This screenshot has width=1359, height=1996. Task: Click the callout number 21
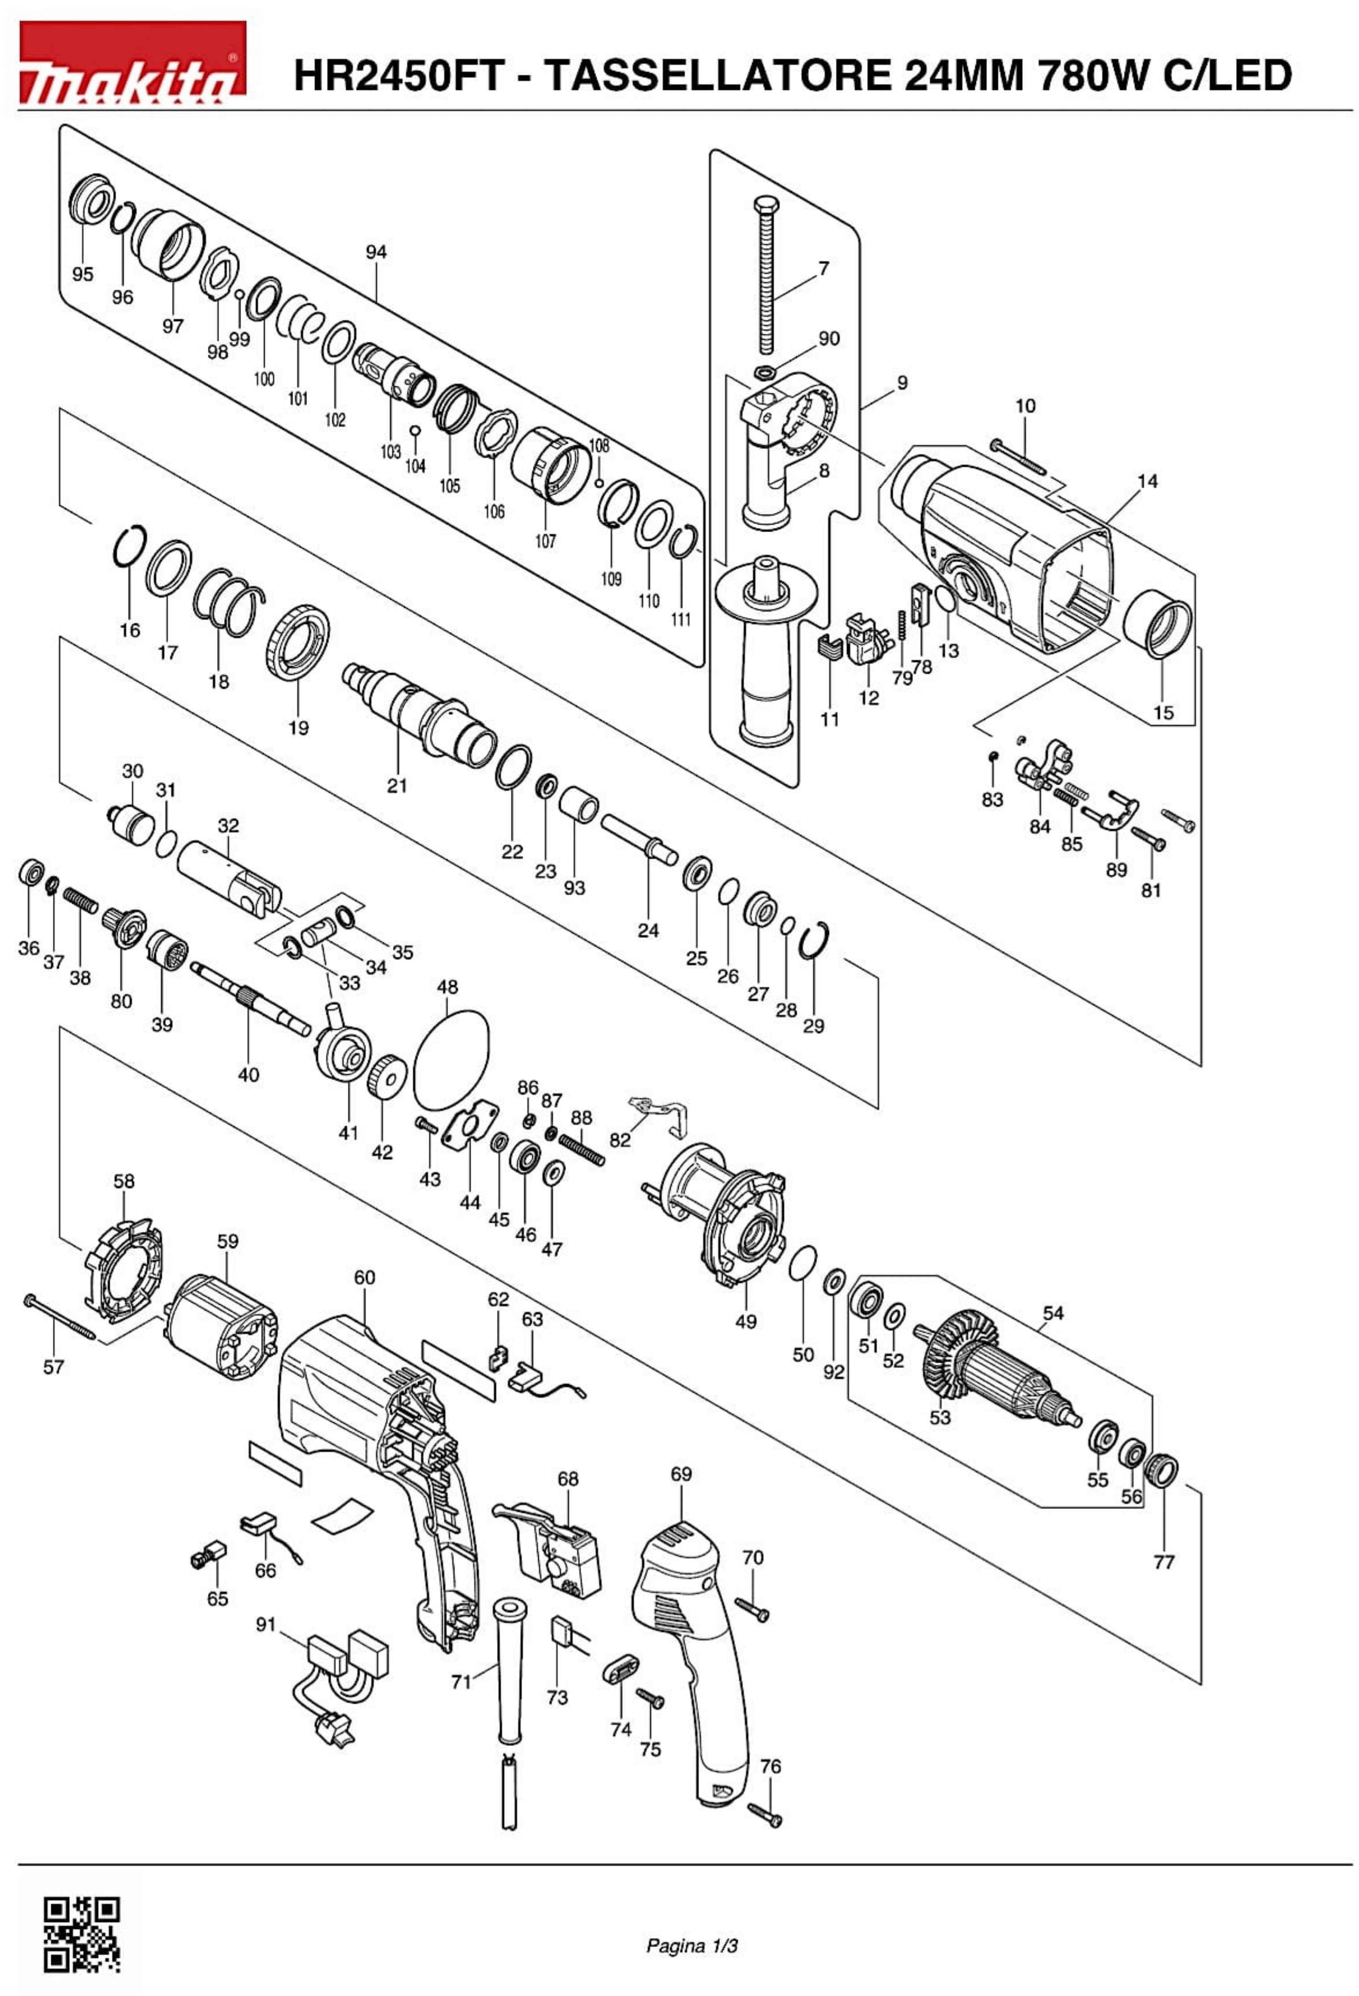click(x=397, y=785)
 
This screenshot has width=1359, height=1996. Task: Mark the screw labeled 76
click(x=764, y=1815)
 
